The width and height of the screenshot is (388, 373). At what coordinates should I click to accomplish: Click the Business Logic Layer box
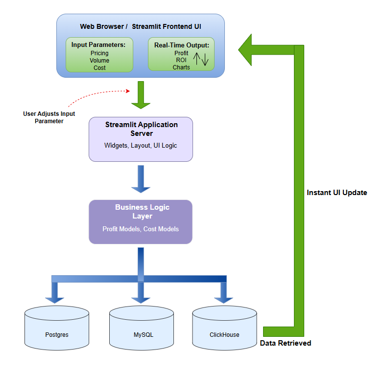[x=141, y=221]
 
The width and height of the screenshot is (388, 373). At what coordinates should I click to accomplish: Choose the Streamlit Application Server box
[x=141, y=139]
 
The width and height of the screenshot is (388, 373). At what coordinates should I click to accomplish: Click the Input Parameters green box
[x=99, y=55]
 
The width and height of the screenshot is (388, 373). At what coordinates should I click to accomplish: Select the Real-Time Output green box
[x=181, y=54]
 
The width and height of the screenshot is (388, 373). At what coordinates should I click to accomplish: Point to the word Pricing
[x=99, y=53]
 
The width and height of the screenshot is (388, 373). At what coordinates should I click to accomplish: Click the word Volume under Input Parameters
[x=99, y=61]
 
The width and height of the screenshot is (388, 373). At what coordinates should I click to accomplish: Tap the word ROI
[x=181, y=60]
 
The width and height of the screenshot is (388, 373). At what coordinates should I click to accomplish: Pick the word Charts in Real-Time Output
[x=181, y=67]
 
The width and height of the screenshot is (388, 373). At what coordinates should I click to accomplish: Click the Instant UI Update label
[x=337, y=193]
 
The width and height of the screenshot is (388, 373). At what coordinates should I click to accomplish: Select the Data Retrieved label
[x=285, y=343]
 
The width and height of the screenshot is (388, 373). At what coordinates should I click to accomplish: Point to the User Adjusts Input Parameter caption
[x=49, y=117]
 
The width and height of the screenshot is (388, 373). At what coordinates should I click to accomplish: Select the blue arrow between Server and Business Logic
[x=141, y=179]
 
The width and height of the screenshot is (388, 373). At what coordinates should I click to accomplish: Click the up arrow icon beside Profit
[x=195, y=59]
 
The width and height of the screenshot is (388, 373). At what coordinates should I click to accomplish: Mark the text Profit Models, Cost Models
[x=141, y=229]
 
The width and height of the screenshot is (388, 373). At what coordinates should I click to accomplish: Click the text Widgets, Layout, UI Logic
[x=141, y=146]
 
